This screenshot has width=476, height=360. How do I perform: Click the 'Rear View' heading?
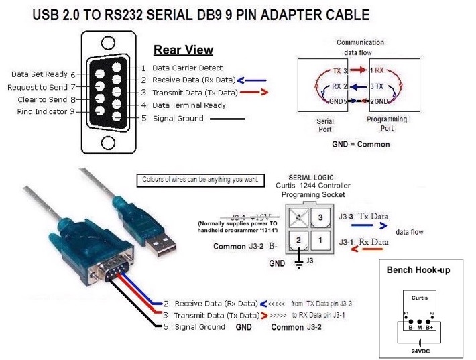183,50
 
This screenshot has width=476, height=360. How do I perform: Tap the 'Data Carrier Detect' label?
188,68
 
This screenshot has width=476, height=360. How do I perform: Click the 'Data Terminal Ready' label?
189,105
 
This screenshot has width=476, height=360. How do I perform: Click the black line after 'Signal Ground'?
227,119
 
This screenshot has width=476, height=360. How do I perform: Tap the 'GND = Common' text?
361,144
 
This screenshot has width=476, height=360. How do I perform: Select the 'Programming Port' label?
387,123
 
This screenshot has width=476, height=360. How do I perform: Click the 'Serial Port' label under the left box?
325,126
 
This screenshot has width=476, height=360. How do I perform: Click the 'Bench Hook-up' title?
418,270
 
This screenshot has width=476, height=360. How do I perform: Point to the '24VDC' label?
418,350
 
